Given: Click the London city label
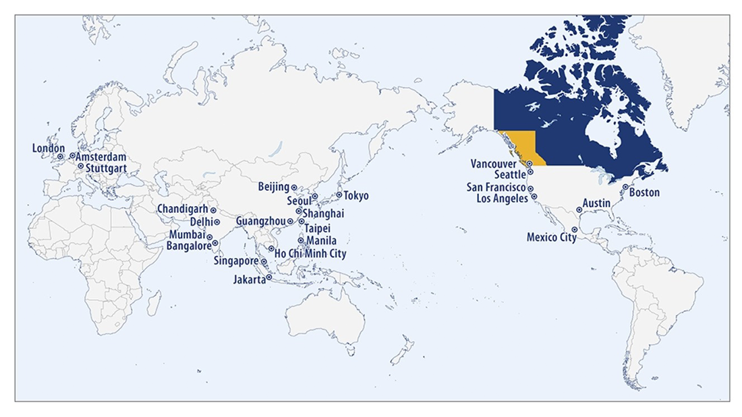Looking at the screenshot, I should [49, 148].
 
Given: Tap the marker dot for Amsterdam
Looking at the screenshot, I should [72, 156].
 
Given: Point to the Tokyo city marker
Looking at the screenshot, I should [339, 195].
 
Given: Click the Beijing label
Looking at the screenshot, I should [273, 187].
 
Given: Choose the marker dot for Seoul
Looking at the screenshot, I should [314, 196].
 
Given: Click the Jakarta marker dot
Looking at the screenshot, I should [268, 278].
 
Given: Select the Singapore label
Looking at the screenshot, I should [235, 261].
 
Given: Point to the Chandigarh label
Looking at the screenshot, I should [183, 210].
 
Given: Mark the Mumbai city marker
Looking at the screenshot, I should [210, 237].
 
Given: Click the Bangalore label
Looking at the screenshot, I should [189, 246].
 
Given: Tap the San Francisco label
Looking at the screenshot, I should [496, 187].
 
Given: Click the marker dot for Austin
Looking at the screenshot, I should [579, 210].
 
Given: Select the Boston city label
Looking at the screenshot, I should [644, 193].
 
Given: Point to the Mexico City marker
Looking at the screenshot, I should [574, 230].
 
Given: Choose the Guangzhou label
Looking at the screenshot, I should [261, 221].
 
